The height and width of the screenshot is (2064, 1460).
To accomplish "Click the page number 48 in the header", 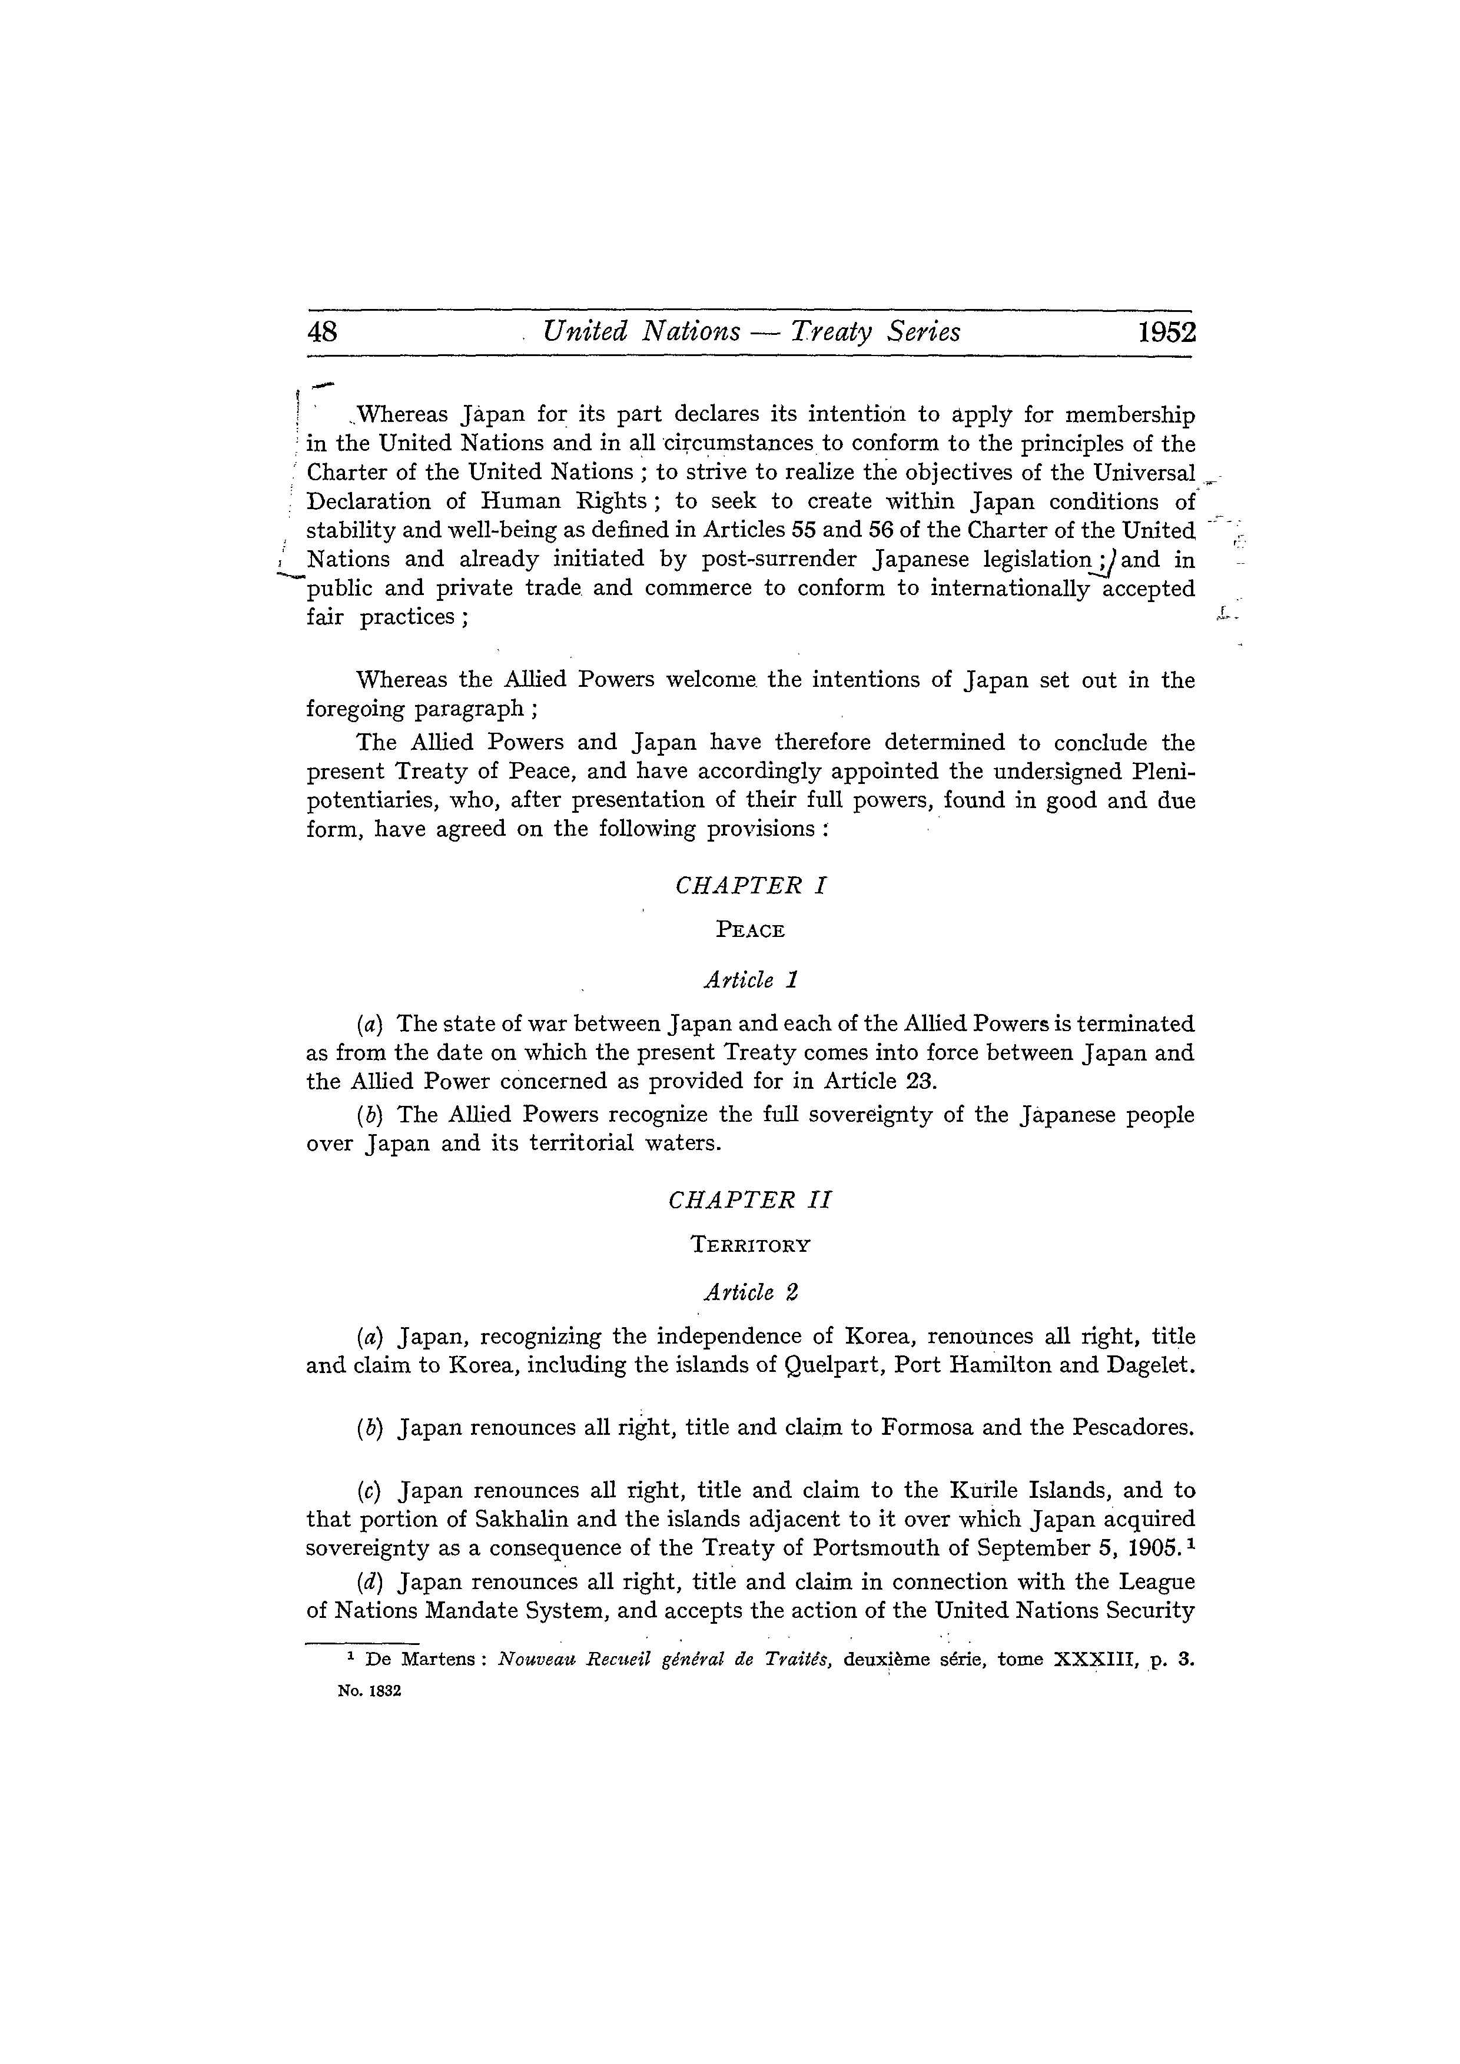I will (x=323, y=333).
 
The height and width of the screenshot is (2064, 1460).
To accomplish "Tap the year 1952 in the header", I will (x=1167, y=333).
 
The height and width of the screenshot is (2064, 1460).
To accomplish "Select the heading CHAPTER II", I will (x=751, y=1200).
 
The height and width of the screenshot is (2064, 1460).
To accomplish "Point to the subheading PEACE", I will (x=751, y=930).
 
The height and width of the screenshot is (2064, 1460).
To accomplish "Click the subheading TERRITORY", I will (x=751, y=1245).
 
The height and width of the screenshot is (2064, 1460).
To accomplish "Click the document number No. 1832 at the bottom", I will (x=369, y=1691).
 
